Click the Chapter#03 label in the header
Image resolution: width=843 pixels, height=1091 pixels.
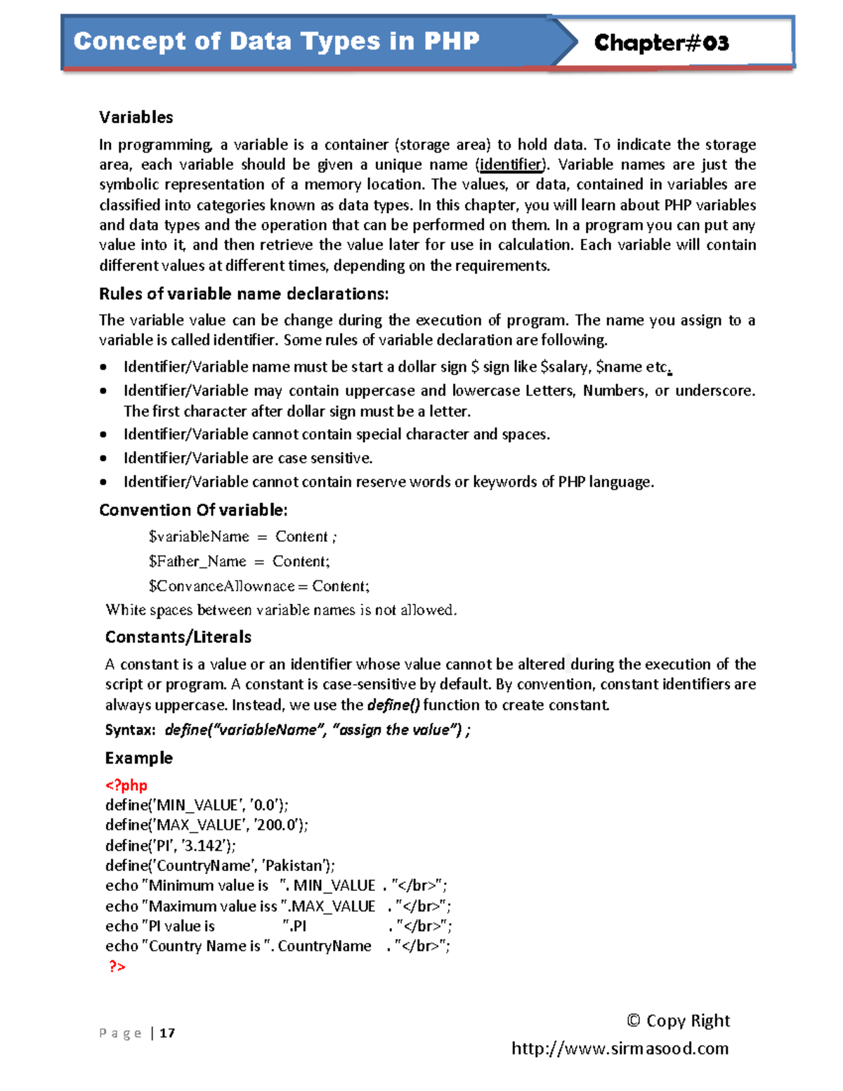click(x=661, y=44)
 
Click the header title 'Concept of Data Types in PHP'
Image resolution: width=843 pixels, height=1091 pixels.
click(x=276, y=41)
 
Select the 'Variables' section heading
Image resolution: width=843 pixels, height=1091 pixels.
click(x=136, y=117)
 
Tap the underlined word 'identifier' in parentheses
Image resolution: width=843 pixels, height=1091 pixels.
click(x=511, y=164)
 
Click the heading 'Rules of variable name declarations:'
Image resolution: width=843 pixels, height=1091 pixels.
click(x=243, y=294)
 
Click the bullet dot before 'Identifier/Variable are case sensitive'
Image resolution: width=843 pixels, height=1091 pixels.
click(x=104, y=459)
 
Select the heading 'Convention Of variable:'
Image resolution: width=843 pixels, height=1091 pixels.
click(x=193, y=510)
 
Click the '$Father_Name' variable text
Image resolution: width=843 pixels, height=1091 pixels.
click(x=197, y=561)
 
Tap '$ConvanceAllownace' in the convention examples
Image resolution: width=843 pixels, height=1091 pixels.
click(x=221, y=586)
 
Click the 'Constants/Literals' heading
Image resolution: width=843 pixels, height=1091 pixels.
click(x=178, y=637)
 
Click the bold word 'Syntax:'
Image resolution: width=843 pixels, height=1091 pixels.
click(x=130, y=730)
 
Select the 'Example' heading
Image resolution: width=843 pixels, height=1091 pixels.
click(x=138, y=758)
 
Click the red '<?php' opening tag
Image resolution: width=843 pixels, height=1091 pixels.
click(x=126, y=785)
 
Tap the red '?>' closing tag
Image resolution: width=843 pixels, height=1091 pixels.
click(x=117, y=967)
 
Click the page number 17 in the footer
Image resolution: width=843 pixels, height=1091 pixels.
click(x=167, y=1033)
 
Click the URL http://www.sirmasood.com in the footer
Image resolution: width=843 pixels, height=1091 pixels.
click(x=620, y=1049)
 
